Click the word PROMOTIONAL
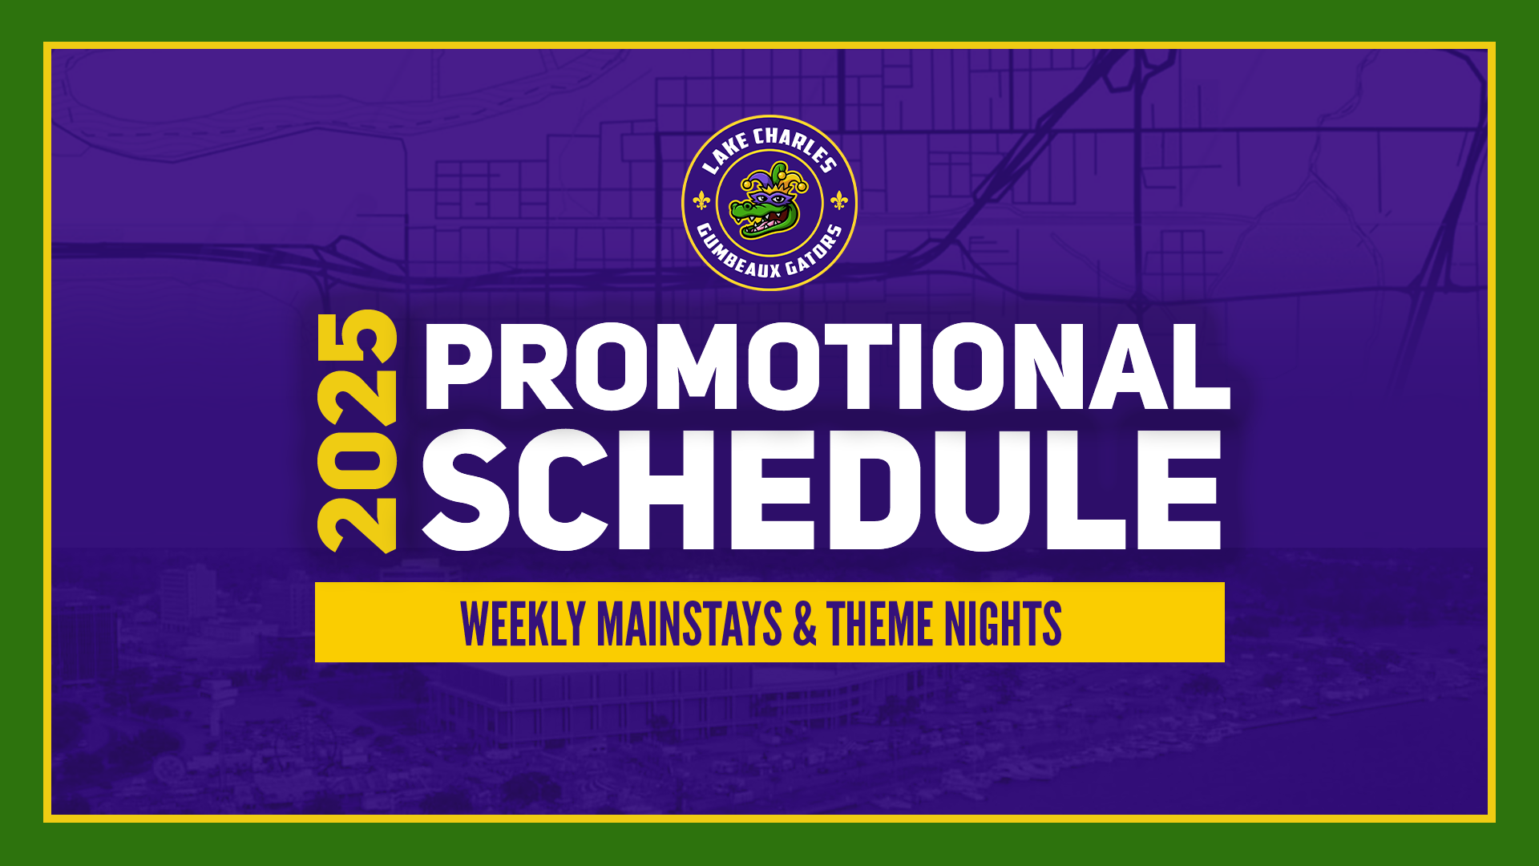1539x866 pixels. [827, 366]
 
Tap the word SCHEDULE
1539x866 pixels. [822, 490]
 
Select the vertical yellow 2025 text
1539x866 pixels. [357, 431]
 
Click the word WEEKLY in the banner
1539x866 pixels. [523, 624]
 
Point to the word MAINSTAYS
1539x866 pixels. [689, 624]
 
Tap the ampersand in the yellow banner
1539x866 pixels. [805, 624]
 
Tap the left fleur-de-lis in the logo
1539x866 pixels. [701, 200]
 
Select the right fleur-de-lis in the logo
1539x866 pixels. [838, 200]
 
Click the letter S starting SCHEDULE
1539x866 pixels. [466, 490]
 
